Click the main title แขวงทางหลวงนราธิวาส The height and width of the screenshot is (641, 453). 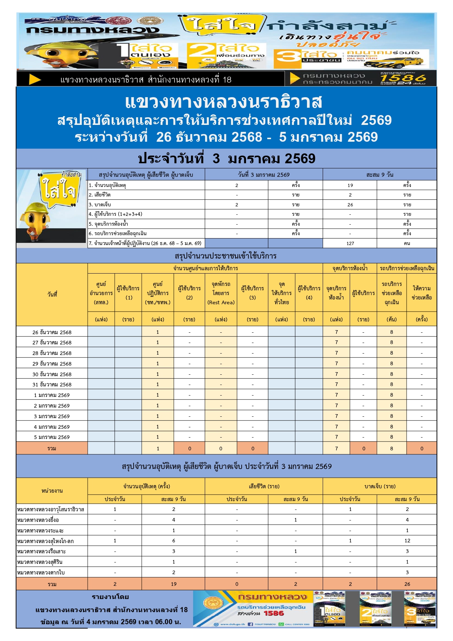(x=223, y=102)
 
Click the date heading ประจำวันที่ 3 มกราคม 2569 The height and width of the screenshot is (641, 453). (x=226, y=159)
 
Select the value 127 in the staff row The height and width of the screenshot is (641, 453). (x=350, y=243)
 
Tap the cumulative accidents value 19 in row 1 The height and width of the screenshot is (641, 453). (x=350, y=185)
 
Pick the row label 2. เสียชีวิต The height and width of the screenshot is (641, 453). (x=100, y=195)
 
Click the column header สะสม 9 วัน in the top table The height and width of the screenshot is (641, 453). (x=380, y=175)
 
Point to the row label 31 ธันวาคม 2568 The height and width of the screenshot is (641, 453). (x=52, y=385)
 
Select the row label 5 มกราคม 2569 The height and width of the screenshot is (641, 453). (x=52, y=437)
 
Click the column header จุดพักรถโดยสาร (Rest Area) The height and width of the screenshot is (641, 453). (x=221, y=293)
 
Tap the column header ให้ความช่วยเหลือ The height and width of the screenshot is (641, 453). (x=422, y=293)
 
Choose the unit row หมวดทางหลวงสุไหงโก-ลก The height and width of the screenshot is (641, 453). (x=45, y=541)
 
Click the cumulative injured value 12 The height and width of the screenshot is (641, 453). (x=407, y=541)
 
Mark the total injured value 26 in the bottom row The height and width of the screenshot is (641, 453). (x=407, y=584)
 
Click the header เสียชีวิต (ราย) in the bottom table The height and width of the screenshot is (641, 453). (x=264, y=487)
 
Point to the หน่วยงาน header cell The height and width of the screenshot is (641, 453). (x=52, y=491)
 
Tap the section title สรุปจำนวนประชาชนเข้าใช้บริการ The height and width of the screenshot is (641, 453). (x=226, y=256)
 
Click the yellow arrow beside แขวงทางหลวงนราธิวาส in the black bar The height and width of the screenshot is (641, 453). (x=35, y=79)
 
